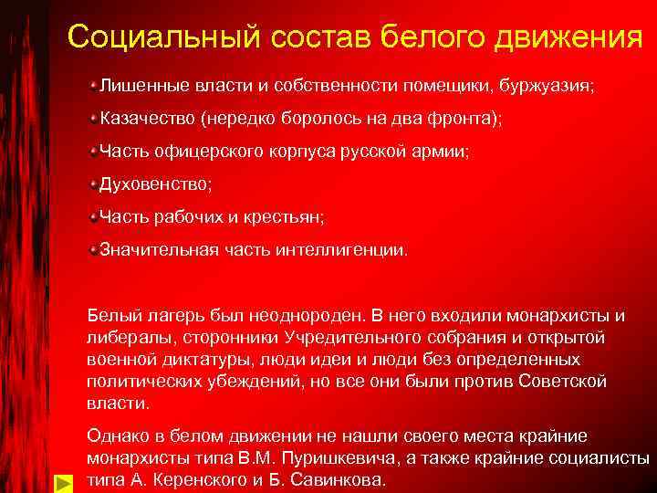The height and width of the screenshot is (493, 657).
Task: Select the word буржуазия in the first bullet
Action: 550,86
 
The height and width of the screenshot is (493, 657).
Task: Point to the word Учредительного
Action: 360,338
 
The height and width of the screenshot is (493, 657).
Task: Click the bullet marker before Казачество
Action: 93,119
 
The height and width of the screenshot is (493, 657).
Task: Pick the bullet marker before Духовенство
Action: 93,184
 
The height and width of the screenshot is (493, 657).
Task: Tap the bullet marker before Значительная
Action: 93,248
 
